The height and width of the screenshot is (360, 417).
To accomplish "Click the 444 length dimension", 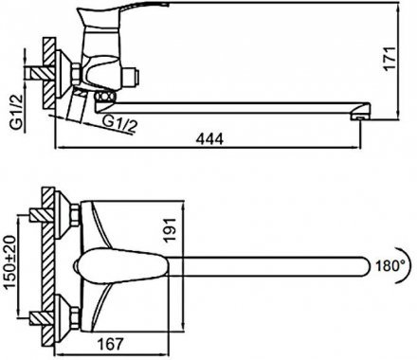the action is (x=209, y=139).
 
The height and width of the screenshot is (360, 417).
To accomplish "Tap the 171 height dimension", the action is (x=390, y=59).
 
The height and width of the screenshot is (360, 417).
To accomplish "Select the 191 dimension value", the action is (x=170, y=229).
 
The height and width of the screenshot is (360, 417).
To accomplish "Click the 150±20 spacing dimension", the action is (x=10, y=261).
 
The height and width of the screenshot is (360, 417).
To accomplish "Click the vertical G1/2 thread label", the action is (x=17, y=112).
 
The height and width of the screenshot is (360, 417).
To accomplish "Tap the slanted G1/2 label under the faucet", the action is (x=120, y=124).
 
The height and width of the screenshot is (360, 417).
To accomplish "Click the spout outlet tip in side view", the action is (x=360, y=117).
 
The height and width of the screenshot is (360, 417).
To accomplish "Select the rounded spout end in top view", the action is (x=366, y=266).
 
